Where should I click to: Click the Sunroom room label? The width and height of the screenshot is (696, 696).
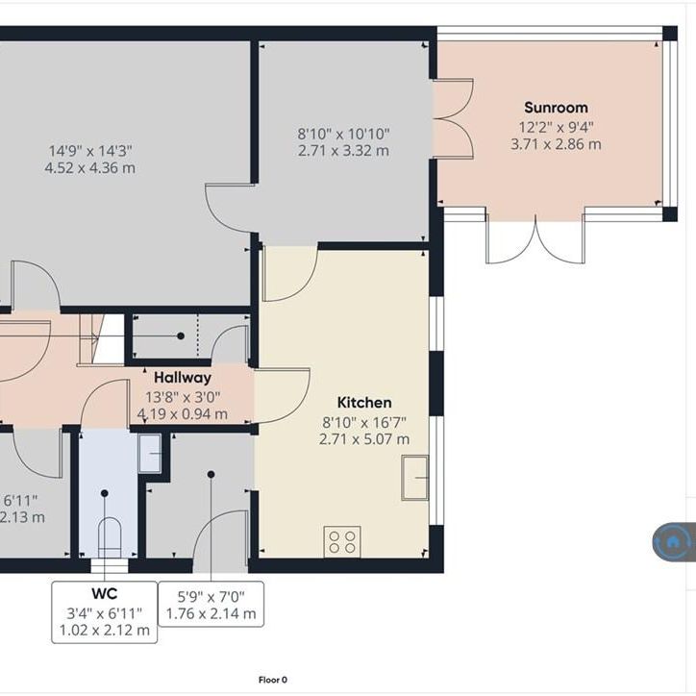click(x=556, y=108)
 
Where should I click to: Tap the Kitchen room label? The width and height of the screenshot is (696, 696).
click(x=363, y=403)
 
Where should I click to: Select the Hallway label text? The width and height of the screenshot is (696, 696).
click(x=183, y=378)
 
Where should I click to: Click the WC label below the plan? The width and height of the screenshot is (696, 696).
click(x=104, y=595)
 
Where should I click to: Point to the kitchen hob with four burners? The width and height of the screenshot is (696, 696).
click(x=342, y=541)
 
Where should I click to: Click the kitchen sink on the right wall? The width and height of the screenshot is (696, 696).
click(x=416, y=478)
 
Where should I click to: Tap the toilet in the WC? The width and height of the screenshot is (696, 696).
click(x=109, y=535)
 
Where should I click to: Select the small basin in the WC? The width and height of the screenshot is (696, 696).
click(x=149, y=454)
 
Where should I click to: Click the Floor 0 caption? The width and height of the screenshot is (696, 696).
click(x=273, y=680)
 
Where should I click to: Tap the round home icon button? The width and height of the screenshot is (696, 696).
click(x=673, y=542)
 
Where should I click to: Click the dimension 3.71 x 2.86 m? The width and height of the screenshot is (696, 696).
click(x=556, y=144)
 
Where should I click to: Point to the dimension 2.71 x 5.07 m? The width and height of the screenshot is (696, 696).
click(x=363, y=439)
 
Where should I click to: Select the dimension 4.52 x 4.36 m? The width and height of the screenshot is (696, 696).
click(x=89, y=167)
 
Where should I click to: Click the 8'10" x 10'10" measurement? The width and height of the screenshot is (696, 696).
click(x=343, y=135)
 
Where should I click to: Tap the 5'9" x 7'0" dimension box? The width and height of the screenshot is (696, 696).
click(x=211, y=604)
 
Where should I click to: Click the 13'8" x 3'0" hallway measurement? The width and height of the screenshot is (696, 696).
click(x=183, y=396)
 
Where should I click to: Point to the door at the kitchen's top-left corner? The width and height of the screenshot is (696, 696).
click(x=289, y=272)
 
